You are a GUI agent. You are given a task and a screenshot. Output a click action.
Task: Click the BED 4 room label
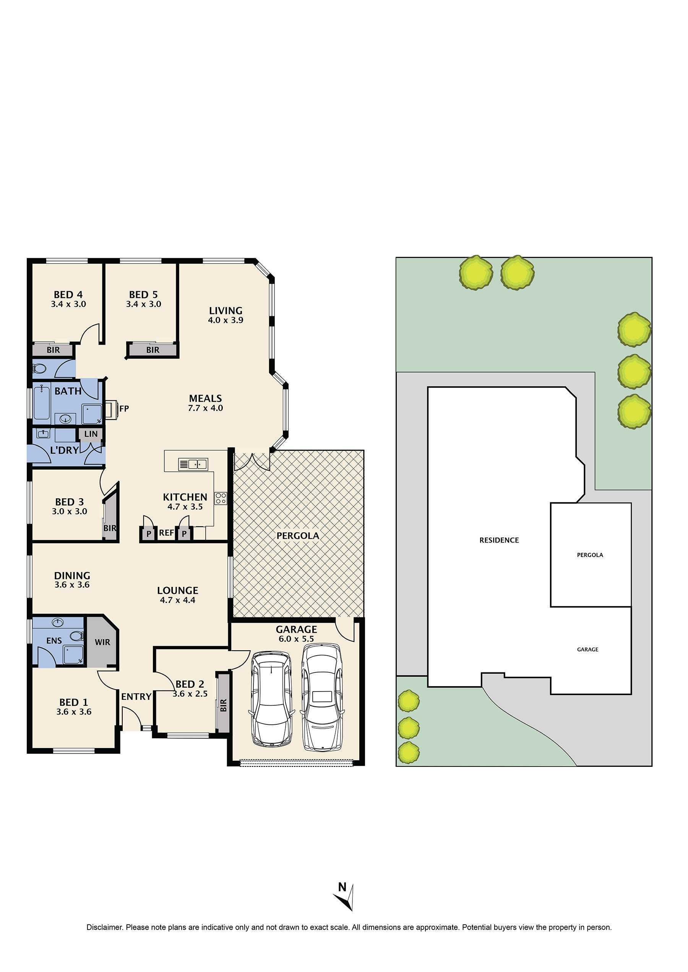click(68, 295)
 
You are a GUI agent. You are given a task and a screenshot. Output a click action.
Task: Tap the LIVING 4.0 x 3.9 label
click(226, 315)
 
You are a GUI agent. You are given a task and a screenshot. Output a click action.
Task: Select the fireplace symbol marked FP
click(112, 409)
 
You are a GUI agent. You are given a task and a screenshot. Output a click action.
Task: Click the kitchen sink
click(193, 464)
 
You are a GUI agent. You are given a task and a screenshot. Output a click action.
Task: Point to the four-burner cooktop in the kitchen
click(220, 499)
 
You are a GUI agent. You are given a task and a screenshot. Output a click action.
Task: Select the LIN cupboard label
click(91, 434)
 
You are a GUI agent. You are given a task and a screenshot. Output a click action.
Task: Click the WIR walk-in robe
click(102, 642)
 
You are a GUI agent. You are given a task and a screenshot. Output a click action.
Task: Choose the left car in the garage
click(271, 699)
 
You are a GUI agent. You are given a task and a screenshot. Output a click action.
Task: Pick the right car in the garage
click(322, 697)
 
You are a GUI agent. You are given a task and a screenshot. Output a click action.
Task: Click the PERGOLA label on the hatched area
click(298, 536)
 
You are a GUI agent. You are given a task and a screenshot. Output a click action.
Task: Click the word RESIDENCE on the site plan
click(499, 540)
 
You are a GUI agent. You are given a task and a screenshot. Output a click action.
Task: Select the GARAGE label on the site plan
click(587, 649)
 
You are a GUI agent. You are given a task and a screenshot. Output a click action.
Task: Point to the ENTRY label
click(136, 697)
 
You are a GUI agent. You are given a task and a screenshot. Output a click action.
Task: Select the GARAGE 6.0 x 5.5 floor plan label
click(296, 634)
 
